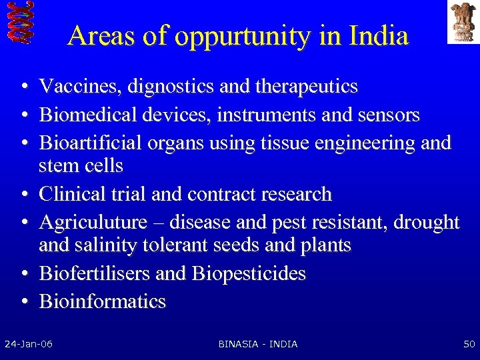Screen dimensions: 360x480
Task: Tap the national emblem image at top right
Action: point(463,21)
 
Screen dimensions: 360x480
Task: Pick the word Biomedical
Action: point(87,115)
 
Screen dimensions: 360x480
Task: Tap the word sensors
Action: point(389,115)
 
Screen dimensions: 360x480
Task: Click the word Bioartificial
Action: point(92,143)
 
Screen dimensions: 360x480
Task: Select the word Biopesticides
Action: point(249,274)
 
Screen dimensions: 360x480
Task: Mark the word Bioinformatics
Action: point(102,301)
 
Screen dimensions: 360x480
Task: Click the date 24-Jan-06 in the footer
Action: point(29,344)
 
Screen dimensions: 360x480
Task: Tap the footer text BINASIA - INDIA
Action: point(258,344)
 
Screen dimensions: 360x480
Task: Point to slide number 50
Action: point(469,344)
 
